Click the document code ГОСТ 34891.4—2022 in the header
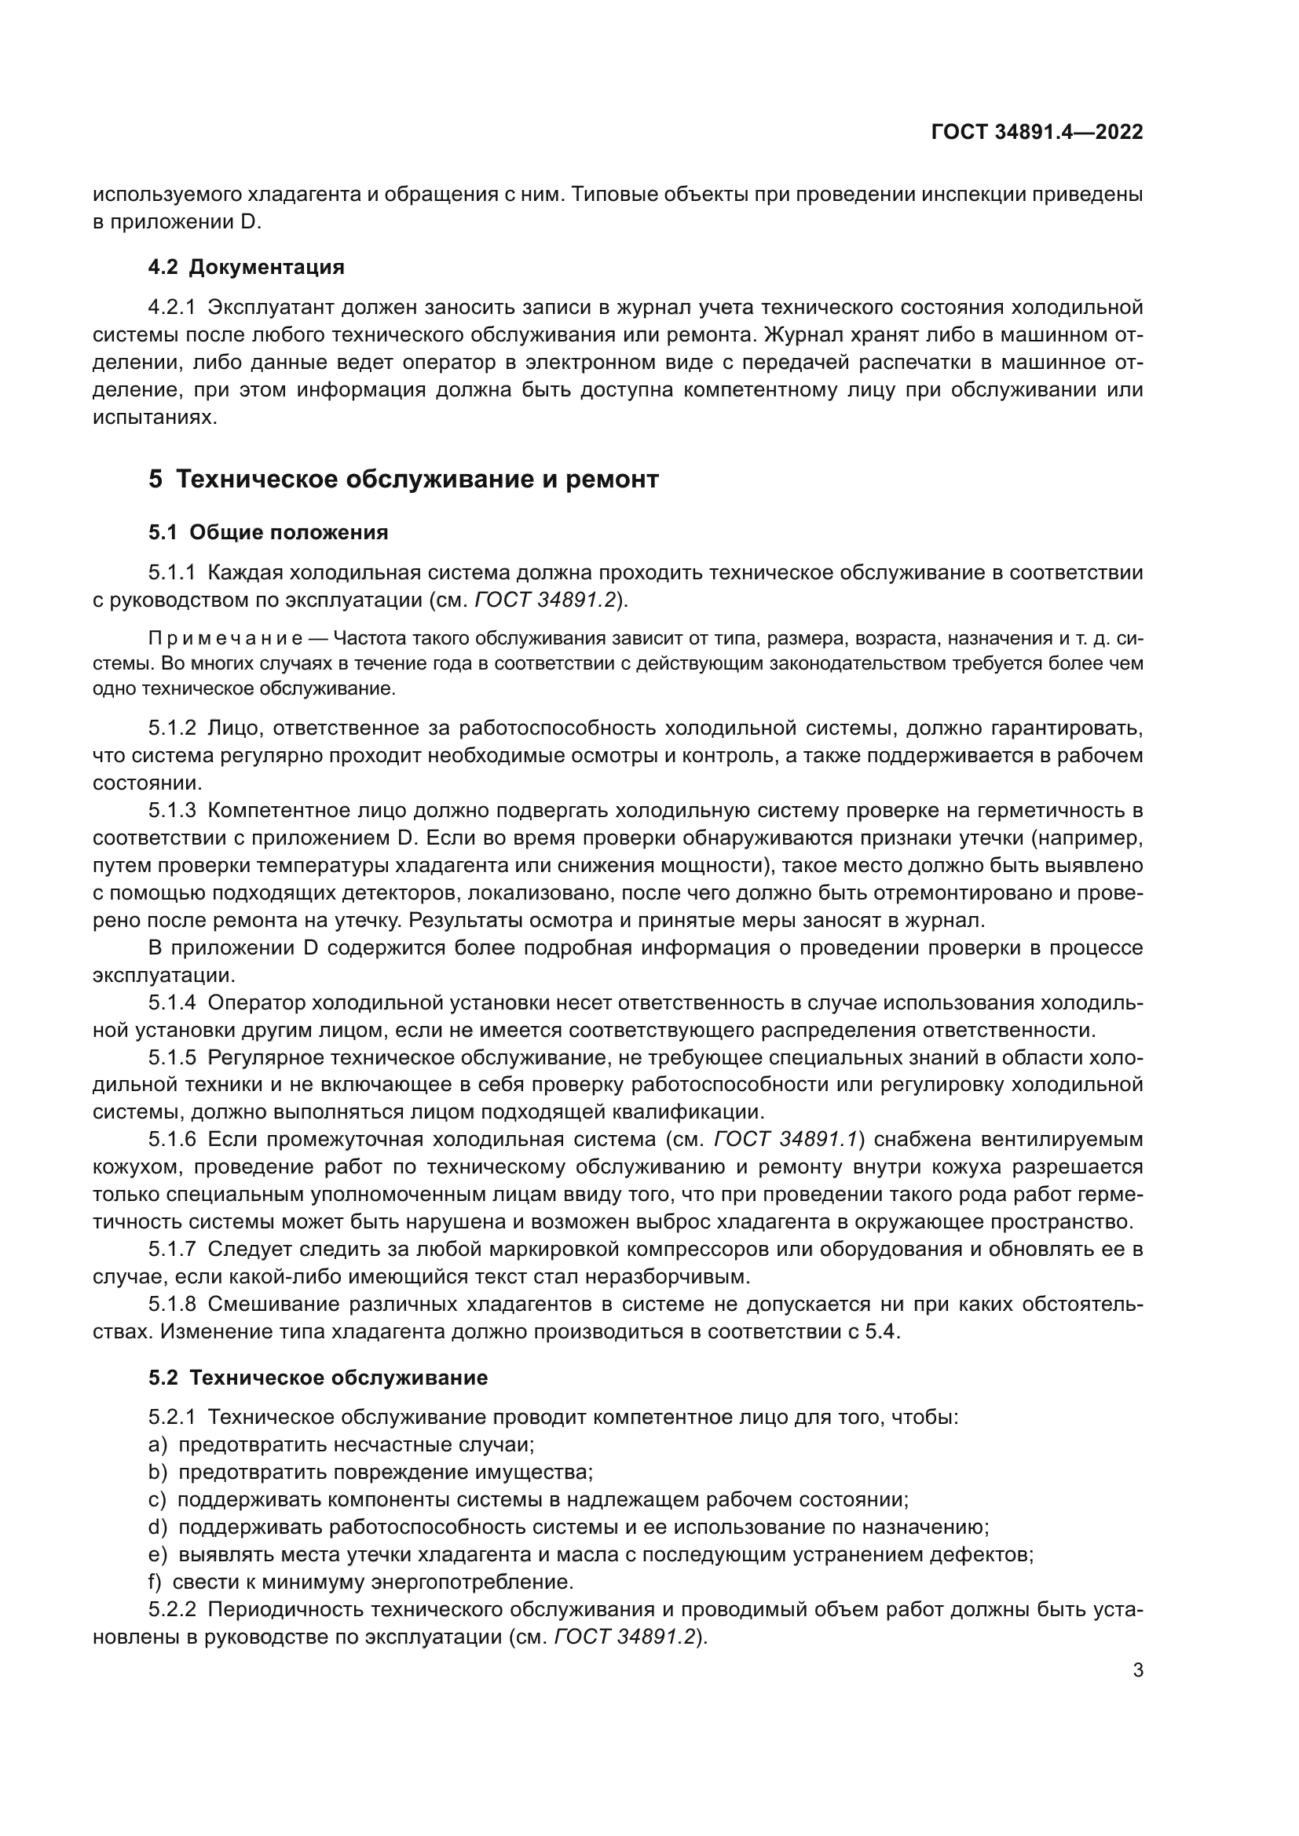tap(1037, 133)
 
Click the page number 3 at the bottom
tap(1137, 1670)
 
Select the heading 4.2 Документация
tap(246, 267)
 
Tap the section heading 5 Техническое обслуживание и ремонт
tap(403, 479)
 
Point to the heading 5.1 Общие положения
tap(268, 532)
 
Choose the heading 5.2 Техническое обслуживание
tap(317, 1378)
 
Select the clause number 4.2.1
tap(171, 308)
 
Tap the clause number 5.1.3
tap(171, 811)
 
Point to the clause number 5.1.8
tap(171, 1305)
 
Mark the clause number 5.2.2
tap(171, 1610)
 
